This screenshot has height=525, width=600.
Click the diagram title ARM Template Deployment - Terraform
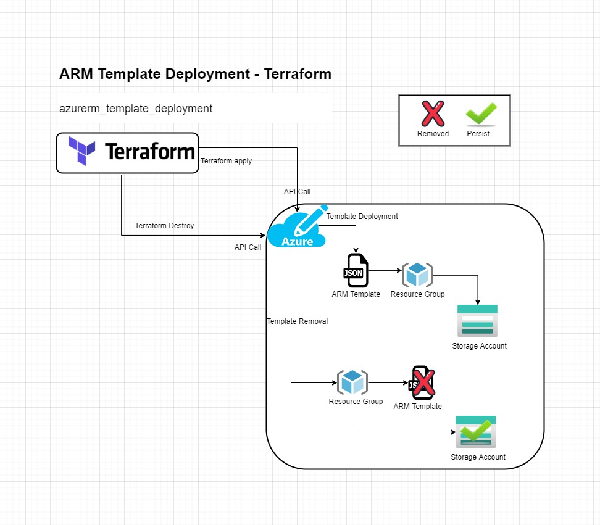(x=195, y=74)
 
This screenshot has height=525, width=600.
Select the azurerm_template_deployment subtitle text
(x=136, y=109)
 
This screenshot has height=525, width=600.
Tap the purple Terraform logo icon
(x=82, y=152)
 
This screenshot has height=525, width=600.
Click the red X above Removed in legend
(x=433, y=114)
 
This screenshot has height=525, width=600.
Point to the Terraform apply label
(x=227, y=161)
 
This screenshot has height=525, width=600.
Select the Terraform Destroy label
(x=164, y=226)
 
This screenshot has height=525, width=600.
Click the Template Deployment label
(x=362, y=217)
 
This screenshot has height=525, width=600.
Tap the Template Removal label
(x=297, y=321)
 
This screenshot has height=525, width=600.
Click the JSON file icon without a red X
(x=356, y=271)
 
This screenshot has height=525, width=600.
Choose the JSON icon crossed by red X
(x=421, y=383)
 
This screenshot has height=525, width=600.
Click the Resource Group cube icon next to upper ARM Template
(x=417, y=275)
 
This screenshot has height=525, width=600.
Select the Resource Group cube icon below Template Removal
(x=352, y=382)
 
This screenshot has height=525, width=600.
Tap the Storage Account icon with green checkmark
(x=476, y=432)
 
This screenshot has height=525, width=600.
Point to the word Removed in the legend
(x=433, y=134)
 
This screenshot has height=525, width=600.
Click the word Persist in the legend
(x=478, y=134)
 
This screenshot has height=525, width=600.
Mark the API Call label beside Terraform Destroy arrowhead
(x=248, y=247)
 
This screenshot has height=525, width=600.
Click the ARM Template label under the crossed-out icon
(x=417, y=407)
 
